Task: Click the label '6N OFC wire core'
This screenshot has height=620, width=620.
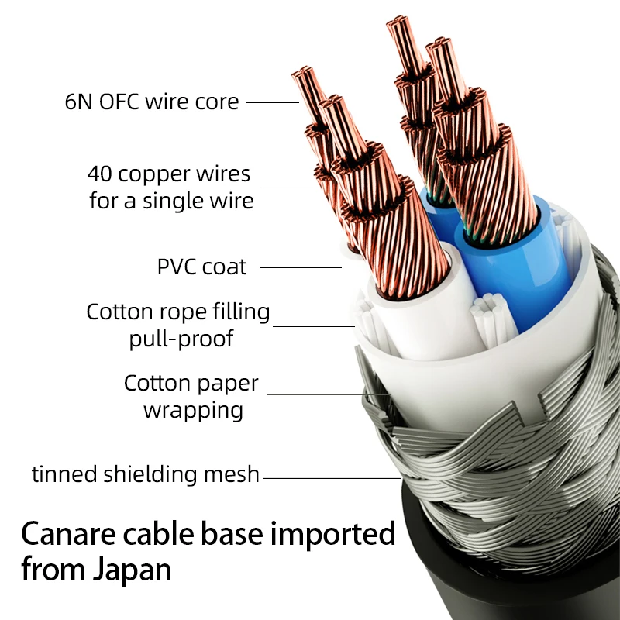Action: point(152,102)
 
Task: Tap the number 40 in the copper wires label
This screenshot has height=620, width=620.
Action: point(100,174)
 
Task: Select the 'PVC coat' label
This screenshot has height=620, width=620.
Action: point(201,267)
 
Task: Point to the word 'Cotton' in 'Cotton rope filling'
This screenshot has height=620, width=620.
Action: point(120,312)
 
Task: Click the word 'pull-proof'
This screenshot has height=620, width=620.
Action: point(181,339)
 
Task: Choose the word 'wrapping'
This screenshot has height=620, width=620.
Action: point(193,411)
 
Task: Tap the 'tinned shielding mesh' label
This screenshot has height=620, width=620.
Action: point(146,474)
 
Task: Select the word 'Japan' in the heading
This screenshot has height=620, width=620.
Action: point(133,570)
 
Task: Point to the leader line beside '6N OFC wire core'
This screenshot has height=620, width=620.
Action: point(273,102)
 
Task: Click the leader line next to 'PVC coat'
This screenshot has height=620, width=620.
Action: point(301,267)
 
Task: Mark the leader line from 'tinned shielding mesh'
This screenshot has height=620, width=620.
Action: point(332,478)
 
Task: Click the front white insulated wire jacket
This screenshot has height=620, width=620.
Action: point(427,316)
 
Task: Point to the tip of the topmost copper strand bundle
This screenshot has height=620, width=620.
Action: point(398,20)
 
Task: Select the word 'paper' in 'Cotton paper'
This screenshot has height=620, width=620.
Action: point(234,384)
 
